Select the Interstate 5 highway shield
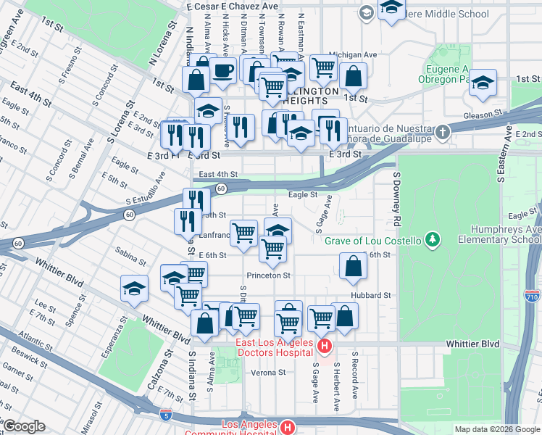[166, 415]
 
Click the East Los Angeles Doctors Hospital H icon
[325, 349]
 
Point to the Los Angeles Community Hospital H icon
[288, 428]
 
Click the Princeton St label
[268, 275]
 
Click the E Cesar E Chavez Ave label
[232, 6]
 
